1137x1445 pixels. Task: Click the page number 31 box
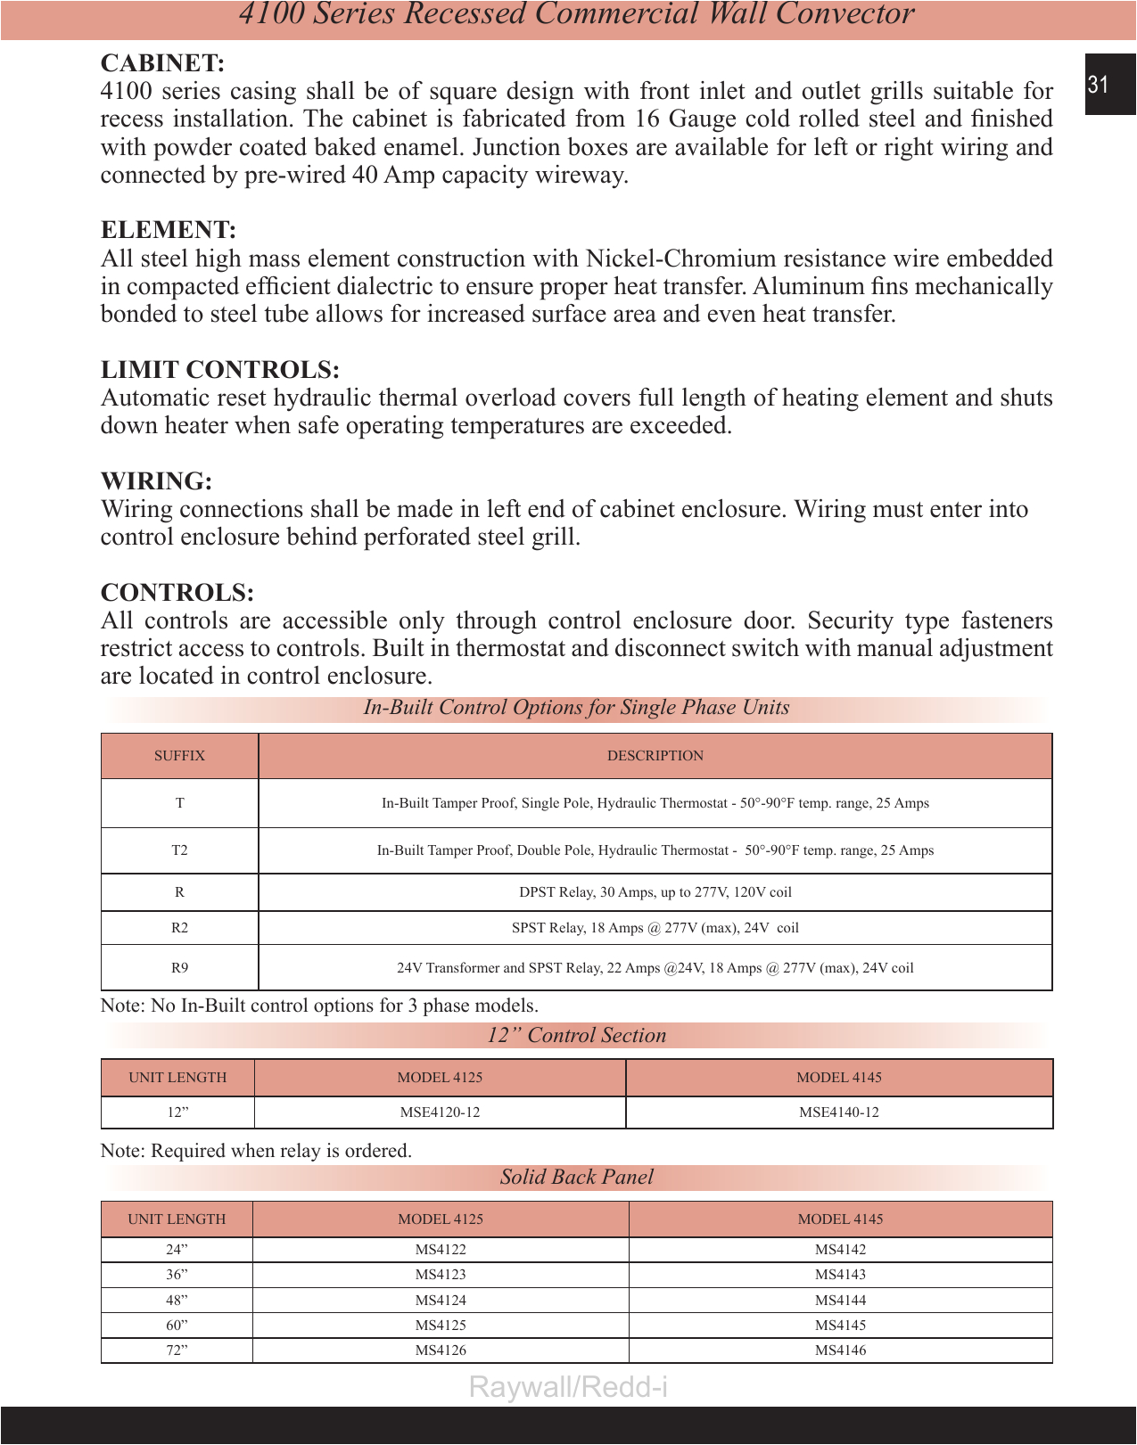pyautogui.click(x=1108, y=85)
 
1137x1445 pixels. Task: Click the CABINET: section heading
pyautogui.click(x=162, y=63)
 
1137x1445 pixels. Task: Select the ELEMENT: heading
pyautogui.click(x=168, y=230)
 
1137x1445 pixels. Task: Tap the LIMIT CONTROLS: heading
pyautogui.click(x=219, y=370)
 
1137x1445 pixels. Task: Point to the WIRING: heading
pyautogui.click(x=156, y=481)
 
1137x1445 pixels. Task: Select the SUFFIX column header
pyautogui.click(x=179, y=756)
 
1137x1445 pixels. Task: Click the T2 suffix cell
pyautogui.click(x=179, y=850)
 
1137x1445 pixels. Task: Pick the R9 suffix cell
pyautogui.click(x=179, y=968)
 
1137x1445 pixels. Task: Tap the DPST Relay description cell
pyautogui.click(x=655, y=892)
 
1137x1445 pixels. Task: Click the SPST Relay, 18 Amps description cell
pyautogui.click(x=655, y=928)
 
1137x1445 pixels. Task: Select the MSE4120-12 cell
pyautogui.click(x=440, y=1112)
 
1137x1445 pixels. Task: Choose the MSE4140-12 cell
pyautogui.click(x=838, y=1112)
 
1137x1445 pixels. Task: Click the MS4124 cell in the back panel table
pyautogui.click(x=440, y=1301)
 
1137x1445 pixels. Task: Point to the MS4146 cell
pyautogui.click(x=840, y=1351)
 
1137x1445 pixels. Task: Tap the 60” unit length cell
pyautogui.click(x=177, y=1326)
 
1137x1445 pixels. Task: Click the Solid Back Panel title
pyautogui.click(x=576, y=1178)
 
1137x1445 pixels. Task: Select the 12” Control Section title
pyautogui.click(x=576, y=1036)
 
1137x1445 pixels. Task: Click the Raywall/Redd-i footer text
pyautogui.click(x=568, y=1387)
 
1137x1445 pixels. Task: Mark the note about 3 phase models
pyautogui.click(x=319, y=1006)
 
